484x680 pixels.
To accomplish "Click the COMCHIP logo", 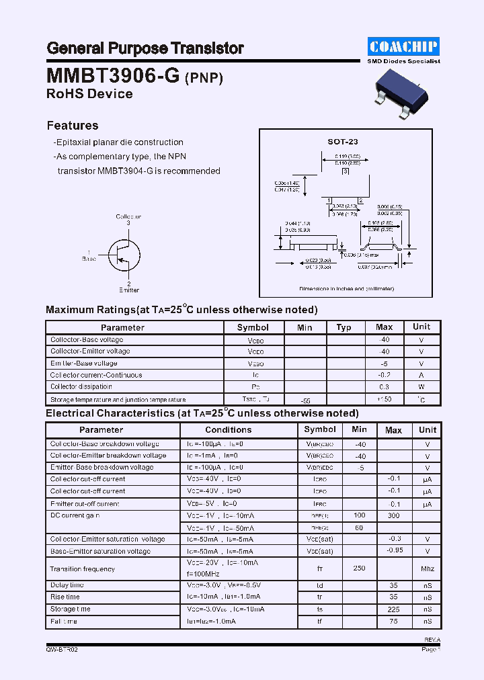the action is pos(403,46).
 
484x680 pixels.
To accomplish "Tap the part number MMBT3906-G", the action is pos(113,75).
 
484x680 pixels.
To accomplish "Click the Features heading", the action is pos(72,126).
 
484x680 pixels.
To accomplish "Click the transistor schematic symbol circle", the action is pos(124,255).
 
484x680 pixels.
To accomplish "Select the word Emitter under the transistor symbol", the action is pos(128,290).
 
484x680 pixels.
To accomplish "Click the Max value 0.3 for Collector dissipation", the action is pos(384,387).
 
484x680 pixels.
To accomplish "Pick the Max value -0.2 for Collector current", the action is pos(384,375).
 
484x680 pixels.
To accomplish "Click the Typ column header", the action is pos(344,327).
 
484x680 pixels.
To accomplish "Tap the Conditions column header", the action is pos(228,430).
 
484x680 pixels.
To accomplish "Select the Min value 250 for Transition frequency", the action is pos(359,568).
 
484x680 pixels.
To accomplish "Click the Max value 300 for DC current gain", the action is pos(393,516).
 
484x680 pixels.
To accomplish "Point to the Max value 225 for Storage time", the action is pos(393,609).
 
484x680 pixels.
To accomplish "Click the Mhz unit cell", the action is pos(427,569).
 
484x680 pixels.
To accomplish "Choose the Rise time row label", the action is pos(65,597).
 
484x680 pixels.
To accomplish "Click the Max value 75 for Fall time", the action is pos(393,622).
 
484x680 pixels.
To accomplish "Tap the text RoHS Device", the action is pos(89,94).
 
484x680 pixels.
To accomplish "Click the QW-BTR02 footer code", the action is pos(62,650).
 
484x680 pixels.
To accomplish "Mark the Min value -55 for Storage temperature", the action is pos(305,400).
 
